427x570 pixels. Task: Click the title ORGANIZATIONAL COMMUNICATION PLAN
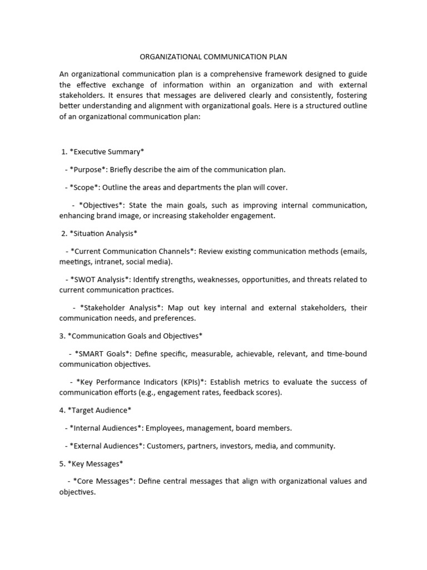point(213,57)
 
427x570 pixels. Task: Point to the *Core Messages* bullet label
point(104,481)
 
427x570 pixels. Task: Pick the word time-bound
point(346,354)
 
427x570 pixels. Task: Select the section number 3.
point(62,336)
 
